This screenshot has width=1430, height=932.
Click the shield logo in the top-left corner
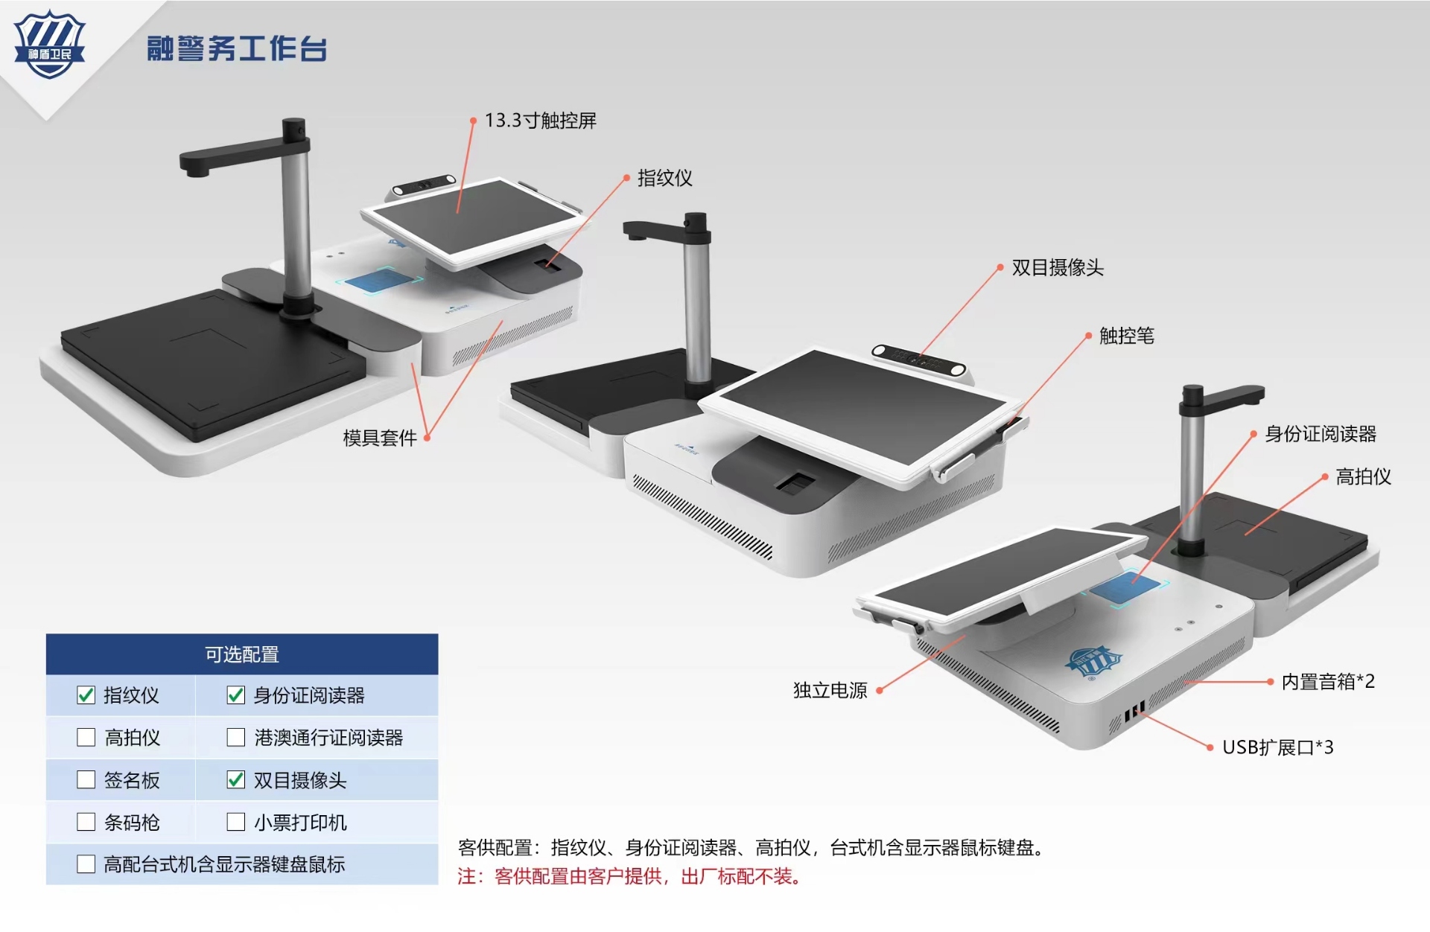(50, 45)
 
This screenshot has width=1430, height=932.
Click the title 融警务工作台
(237, 48)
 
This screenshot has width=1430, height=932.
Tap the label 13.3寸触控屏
(540, 121)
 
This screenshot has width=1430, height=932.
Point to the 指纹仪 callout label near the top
(664, 178)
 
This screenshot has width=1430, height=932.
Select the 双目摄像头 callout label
(1057, 268)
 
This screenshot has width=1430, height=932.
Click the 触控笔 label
(1126, 336)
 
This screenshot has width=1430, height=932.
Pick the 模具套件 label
(379, 438)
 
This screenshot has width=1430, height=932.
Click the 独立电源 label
(830, 691)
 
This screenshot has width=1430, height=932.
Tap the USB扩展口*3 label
(1277, 747)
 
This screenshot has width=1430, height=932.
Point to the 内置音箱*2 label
(1327, 682)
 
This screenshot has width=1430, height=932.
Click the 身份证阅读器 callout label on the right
(1320, 434)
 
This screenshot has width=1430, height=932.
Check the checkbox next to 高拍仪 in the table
(86, 738)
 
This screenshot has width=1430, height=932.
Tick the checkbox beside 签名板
(86, 780)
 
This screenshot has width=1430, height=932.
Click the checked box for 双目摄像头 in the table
(235, 780)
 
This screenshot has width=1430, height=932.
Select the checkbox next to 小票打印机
(235, 822)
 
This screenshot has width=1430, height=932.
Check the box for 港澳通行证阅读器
(235, 738)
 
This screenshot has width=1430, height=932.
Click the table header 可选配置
(242, 654)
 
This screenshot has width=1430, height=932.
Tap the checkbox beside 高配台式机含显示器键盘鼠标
(86, 864)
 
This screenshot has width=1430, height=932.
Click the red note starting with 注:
(629, 877)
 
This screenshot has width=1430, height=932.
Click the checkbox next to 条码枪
(86, 822)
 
